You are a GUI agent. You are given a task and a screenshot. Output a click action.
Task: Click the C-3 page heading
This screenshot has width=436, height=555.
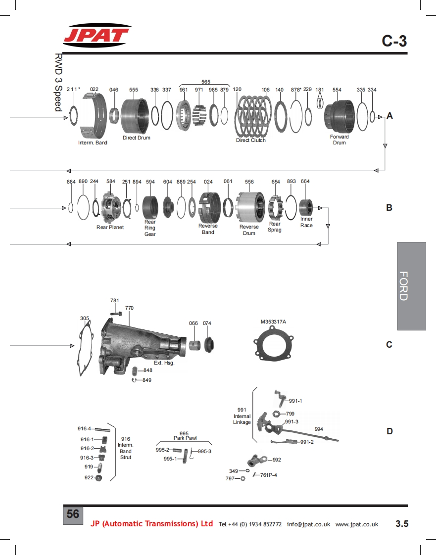pos(394,41)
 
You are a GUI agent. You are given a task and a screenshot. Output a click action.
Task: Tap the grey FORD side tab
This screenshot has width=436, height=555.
pos(412,286)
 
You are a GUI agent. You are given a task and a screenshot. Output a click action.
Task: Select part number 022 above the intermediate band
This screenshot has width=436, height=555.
pos(94,89)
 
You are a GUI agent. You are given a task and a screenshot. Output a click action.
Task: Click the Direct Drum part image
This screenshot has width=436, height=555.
pos(135,116)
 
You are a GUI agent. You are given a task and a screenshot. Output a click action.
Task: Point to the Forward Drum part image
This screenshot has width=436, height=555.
pos(339,116)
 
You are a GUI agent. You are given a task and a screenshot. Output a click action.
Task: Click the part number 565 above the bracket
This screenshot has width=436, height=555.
pos(206,82)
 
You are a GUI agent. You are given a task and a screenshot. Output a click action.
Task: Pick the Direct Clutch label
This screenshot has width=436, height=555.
pos(251,140)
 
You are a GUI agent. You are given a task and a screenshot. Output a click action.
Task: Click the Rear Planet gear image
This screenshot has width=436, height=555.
pos(111,207)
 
